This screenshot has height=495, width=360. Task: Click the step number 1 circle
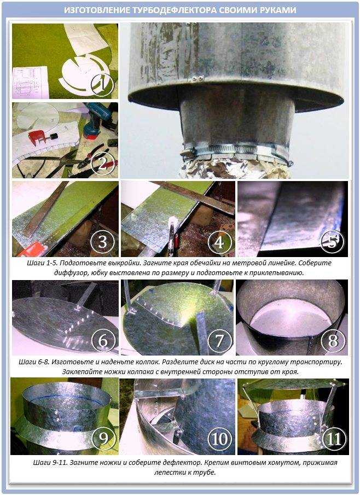tap(102, 84)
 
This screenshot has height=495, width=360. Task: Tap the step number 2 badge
tap(102, 165)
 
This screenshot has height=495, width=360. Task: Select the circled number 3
tap(102, 242)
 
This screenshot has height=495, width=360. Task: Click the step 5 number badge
tap(333, 242)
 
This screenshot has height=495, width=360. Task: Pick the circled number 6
tap(103, 341)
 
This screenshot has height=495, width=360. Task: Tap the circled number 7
tap(219, 341)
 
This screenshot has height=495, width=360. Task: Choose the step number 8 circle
tap(333, 341)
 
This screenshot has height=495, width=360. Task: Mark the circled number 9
tap(103, 439)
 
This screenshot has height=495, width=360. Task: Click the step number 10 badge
tap(219, 439)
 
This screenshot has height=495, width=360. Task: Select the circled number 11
tap(334, 439)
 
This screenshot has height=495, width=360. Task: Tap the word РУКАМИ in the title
tap(278, 10)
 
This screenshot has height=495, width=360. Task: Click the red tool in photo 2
tap(42, 138)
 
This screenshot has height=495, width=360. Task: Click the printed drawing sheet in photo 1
tap(30, 83)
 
